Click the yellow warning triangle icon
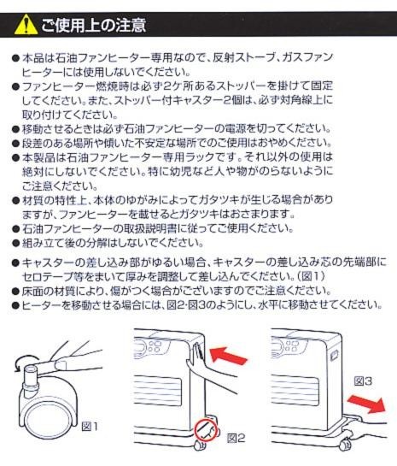click(x=26, y=26)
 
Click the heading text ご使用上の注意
click(x=93, y=25)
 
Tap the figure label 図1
click(x=90, y=427)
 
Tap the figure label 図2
click(x=236, y=438)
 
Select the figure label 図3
click(x=363, y=381)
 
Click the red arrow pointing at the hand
click(x=228, y=355)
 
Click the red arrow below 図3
click(x=367, y=404)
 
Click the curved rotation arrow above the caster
click(x=21, y=363)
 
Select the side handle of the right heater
click(x=334, y=355)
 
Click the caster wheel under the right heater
click(x=345, y=444)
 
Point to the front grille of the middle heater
click(x=157, y=390)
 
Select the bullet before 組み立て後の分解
click(x=15, y=244)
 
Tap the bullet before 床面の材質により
click(x=15, y=292)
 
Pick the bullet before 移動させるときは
click(x=15, y=129)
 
